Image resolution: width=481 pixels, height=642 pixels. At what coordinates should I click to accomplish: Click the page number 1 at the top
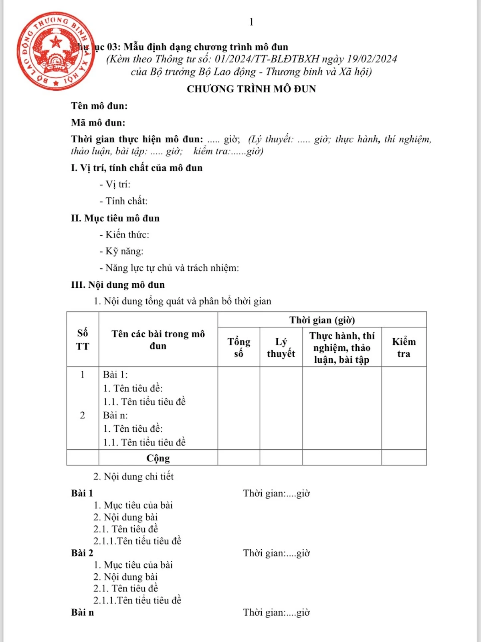[251, 22]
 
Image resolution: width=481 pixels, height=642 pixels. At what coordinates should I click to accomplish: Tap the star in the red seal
[56, 41]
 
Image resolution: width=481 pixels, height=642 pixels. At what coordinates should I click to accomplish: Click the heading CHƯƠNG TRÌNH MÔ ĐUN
[251, 89]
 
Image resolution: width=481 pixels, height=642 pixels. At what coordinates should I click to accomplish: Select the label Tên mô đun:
[99, 106]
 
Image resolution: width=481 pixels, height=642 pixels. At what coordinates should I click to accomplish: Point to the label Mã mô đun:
[98, 123]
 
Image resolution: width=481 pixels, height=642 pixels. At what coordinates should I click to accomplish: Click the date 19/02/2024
[372, 59]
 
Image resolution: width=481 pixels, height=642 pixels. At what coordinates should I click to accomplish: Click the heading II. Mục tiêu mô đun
[115, 218]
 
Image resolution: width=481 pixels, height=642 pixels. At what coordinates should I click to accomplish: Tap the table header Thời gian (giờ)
[322, 320]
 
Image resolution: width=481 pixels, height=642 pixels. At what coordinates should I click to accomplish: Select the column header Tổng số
[239, 347]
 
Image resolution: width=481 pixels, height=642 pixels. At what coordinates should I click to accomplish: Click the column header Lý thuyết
[281, 347]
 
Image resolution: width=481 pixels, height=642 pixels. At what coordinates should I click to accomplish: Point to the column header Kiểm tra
[404, 347]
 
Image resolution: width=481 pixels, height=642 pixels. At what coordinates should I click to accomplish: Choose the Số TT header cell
[83, 339]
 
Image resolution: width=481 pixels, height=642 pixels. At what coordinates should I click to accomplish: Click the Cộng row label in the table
[158, 458]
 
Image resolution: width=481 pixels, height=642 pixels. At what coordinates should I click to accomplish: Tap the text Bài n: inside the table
[115, 415]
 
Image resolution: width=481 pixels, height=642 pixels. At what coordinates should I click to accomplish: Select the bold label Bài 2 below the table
[82, 553]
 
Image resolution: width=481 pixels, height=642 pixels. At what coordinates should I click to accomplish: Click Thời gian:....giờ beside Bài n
[277, 612]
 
